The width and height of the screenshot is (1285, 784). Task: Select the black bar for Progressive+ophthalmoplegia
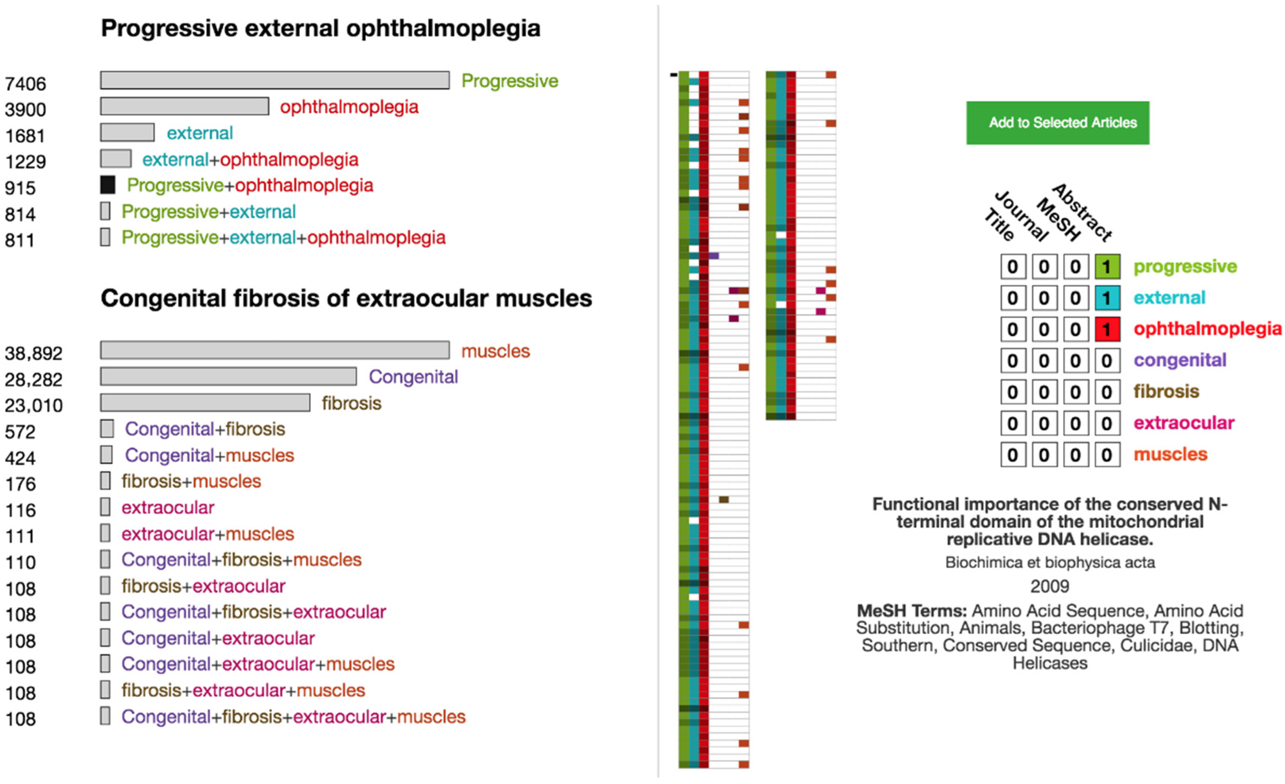107,185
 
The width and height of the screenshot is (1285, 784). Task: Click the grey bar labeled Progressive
275,80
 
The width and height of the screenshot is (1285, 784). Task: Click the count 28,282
33,380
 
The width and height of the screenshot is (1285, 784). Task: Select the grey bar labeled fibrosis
205,403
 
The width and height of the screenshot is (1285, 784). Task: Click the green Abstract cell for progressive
1107,267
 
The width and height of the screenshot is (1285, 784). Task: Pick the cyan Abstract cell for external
1107,298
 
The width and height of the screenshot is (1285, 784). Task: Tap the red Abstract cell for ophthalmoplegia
1107,330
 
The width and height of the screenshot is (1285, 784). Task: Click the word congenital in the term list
1180,360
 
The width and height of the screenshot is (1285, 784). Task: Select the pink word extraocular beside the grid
1184,423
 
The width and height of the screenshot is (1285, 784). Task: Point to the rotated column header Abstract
1082,212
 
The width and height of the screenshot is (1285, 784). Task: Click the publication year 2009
1049,586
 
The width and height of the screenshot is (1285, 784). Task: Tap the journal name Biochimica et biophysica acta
1049,563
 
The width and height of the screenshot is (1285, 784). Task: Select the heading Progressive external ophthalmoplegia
320,28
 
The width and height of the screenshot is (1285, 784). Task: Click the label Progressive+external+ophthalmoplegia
283,238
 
